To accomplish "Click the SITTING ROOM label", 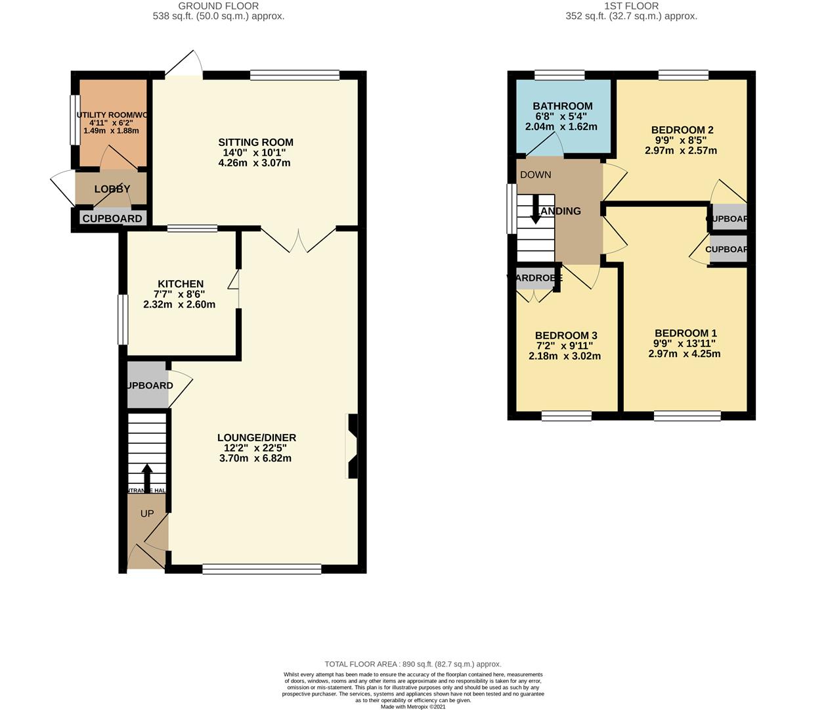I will (255, 143).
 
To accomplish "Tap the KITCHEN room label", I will (180, 285).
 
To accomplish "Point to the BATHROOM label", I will (562, 106).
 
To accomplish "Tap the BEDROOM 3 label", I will (565, 336).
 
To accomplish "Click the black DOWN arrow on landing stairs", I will (536, 209).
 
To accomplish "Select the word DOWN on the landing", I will (536, 175).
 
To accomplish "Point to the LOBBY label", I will (112, 189).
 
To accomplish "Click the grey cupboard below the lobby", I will (112, 218).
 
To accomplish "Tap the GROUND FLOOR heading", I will (219, 6).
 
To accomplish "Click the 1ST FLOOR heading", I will (631, 6).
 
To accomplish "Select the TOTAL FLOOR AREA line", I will (413, 665).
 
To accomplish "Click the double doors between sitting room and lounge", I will (299, 239).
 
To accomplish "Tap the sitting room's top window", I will (295, 76).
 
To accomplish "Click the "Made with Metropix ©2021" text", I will (413, 707).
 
